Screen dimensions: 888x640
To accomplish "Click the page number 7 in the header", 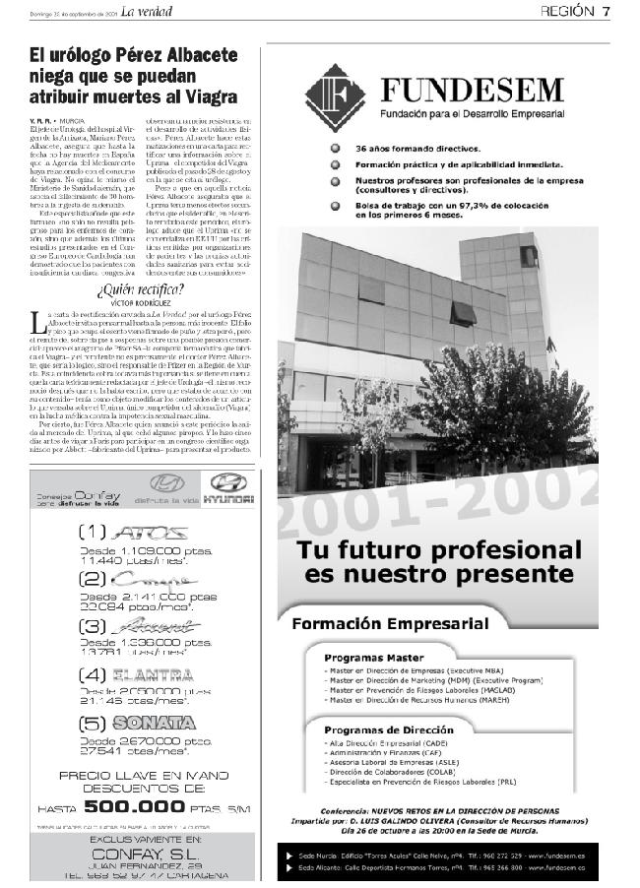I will point(607,11).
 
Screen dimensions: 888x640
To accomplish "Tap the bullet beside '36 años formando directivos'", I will point(337,148).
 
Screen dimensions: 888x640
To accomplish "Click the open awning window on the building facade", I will point(463,314).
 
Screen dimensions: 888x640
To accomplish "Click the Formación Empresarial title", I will point(390,623).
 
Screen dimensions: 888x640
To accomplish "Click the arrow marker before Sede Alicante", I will point(288,867).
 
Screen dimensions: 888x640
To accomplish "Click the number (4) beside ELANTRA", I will point(94,675).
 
